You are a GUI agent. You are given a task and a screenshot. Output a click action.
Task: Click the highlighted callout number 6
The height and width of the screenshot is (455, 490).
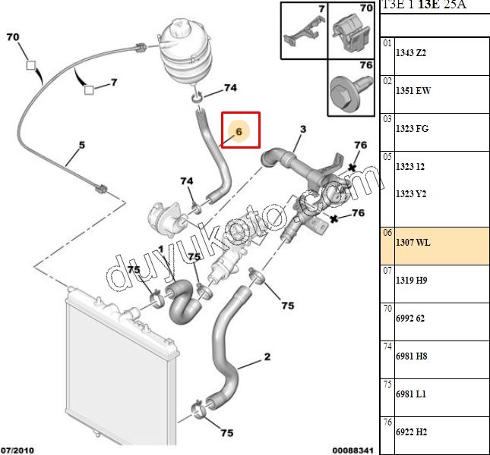click(239, 130)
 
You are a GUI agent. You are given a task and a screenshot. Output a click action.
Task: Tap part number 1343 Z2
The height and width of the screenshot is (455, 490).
click(411, 52)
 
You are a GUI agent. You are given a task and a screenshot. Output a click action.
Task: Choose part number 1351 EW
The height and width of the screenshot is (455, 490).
click(413, 90)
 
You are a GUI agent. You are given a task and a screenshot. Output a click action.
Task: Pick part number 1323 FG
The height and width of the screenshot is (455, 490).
click(413, 128)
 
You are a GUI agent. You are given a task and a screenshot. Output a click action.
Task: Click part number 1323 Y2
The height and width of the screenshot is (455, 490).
click(411, 193)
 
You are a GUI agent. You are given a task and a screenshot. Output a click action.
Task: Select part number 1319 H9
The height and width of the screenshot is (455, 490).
click(411, 281)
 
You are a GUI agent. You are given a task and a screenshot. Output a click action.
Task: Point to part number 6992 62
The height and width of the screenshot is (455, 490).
click(411, 318)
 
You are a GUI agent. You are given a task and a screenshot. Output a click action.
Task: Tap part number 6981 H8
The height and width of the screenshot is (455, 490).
click(411, 356)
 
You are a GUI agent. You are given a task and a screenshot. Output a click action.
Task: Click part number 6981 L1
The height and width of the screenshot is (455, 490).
click(411, 394)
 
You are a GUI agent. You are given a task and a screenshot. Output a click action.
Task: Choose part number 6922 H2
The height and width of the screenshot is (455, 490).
click(411, 432)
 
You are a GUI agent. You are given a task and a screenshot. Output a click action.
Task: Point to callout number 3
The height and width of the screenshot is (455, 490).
click(302, 130)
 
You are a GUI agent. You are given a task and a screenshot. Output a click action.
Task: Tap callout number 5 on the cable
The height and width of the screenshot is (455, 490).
click(82, 145)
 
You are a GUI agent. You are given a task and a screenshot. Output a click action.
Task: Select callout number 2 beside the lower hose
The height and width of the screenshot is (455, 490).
click(267, 356)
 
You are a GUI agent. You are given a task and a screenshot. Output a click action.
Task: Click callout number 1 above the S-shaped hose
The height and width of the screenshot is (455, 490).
click(161, 249)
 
